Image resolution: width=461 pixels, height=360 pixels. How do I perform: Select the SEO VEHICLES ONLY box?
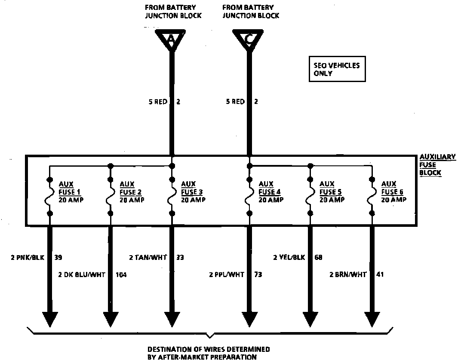[x=337, y=69]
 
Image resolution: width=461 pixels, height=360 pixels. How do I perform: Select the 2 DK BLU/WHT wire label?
[x=81, y=275]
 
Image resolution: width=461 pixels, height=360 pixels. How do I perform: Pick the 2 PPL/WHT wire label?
[x=226, y=275]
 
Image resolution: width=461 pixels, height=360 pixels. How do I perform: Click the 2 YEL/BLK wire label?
[x=289, y=258]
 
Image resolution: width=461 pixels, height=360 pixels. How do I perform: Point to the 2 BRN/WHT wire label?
[x=348, y=275]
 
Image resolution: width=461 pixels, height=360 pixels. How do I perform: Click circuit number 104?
[x=121, y=275]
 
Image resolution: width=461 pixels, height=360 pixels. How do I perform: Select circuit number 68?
[x=318, y=258]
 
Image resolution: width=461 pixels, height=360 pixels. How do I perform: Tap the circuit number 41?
[x=381, y=275]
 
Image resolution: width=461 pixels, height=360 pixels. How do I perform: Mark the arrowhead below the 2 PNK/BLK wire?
[x=50, y=319]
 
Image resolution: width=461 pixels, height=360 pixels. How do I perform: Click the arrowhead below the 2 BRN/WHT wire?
[x=372, y=319]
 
